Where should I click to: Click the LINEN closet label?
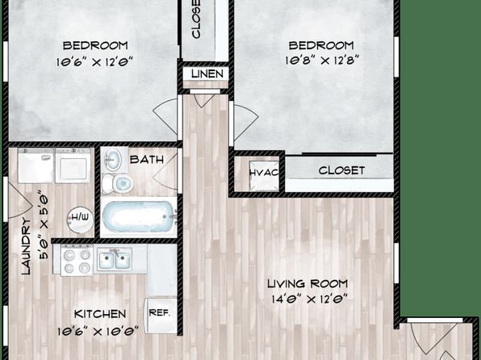pyautogui.click(x=207, y=73)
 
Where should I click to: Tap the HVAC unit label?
pyautogui.click(x=264, y=173)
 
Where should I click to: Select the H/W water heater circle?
pyautogui.click(x=80, y=219)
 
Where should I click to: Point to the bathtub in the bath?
pyautogui.click(x=139, y=216)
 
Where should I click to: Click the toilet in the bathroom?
pyautogui.click(x=117, y=183)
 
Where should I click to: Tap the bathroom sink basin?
pyautogui.click(x=113, y=159)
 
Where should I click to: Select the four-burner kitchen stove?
pyautogui.click(x=77, y=260)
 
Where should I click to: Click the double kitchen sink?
pyautogui.click(x=115, y=259)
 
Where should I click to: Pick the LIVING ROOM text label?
pyautogui.click(x=307, y=283)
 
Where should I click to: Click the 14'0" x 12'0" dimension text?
pyautogui.click(x=309, y=299)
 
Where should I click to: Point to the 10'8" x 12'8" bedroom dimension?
pyautogui.click(x=322, y=60)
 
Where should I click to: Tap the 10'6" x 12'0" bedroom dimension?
pyautogui.click(x=94, y=62)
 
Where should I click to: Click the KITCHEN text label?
pyautogui.click(x=100, y=314)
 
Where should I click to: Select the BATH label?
pyautogui.click(x=147, y=160)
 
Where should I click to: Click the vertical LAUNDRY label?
pyautogui.click(x=27, y=246)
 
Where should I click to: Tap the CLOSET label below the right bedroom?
pyautogui.click(x=341, y=170)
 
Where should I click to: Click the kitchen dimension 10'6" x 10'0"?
pyautogui.click(x=98, y=331)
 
